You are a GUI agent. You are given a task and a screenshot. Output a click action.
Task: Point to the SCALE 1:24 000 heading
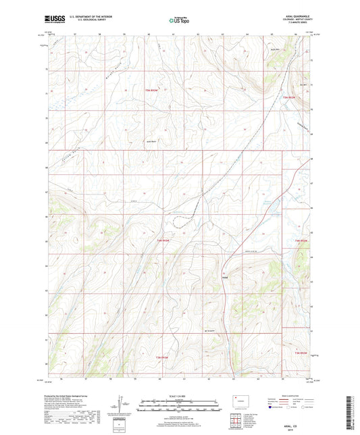178,397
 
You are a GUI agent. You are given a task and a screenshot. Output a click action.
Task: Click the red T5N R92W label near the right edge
290,99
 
